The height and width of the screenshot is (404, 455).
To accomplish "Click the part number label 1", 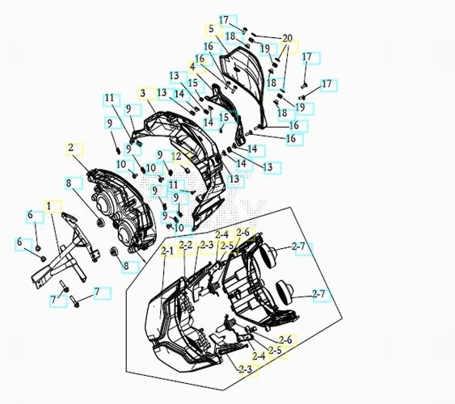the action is [49, 206].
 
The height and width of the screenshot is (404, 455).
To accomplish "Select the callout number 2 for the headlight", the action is [71, 148].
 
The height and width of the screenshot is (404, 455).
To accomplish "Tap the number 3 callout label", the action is [143, 94].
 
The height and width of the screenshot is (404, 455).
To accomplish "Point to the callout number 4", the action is [192, 67].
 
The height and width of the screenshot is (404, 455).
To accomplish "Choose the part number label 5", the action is [211, 29].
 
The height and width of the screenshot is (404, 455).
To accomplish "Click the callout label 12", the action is [177, 157].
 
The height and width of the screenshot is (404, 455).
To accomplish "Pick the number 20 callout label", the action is [287, 38].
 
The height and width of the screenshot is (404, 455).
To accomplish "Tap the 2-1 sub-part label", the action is [167, 250].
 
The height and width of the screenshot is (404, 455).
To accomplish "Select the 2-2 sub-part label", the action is [186, 245].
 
